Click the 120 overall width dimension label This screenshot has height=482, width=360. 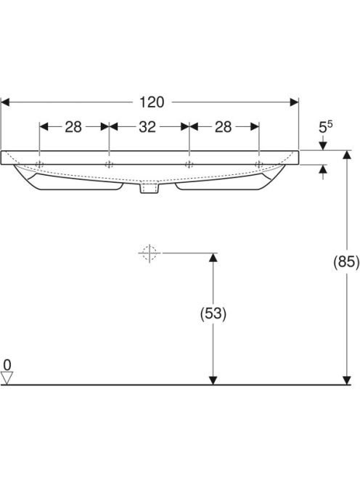[x=152, y=102]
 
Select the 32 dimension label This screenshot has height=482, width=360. [x=147, y=126]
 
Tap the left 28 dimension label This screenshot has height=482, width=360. [x=73, y=126]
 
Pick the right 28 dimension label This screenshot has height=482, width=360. [x=223, y=126]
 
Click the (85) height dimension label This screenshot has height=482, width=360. [x=346, y=262]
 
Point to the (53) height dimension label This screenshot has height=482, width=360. [x=213, y=314]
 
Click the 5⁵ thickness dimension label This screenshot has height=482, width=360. [x=326, y=127]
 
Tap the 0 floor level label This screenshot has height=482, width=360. [x=7, y=365]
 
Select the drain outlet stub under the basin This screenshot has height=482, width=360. [x=150, y=188]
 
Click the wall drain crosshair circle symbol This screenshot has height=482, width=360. [x=150, y=253]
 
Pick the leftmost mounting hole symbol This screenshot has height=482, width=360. [x=39, y=165]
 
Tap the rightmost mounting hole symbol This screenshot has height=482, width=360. [x=259, y=165]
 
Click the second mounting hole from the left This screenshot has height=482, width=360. [x=109, y=165]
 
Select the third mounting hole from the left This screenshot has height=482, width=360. [x=189, y=165]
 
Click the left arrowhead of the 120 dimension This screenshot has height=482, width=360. [x=5, y=102]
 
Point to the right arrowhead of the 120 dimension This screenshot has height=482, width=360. [x=295, y=102]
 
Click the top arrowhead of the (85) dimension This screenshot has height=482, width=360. [x=347, y=155]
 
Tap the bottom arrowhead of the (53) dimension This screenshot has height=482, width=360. [x=213, y=380]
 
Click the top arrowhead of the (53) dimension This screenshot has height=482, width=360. [x=213, y=257]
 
